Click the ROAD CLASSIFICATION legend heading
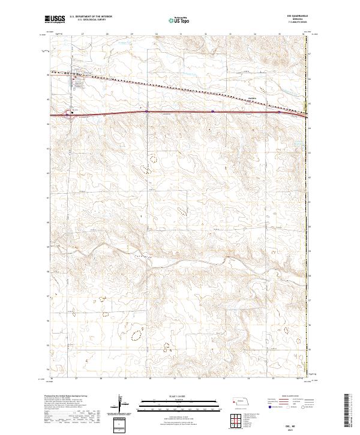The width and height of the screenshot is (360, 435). pos(284,397)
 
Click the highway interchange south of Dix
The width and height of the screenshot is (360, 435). pos(71,115)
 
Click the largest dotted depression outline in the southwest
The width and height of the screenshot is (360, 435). pos(137,333)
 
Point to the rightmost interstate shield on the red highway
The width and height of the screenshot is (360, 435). pos(279,111)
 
